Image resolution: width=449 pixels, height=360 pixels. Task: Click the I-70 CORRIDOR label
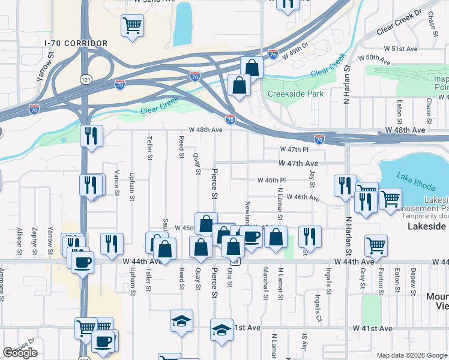[76, 44]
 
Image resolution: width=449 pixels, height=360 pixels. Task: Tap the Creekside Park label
[295, 94]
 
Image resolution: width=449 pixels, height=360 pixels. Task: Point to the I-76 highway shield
[273, 54]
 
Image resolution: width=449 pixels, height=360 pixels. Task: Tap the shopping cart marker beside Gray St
[376, 244]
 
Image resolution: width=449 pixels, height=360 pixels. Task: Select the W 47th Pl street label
[294, 149]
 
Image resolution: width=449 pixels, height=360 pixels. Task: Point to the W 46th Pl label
[272, 180]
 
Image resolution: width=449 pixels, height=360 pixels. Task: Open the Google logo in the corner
[20, 353]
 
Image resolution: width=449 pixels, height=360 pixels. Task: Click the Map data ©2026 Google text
[412, 355]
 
